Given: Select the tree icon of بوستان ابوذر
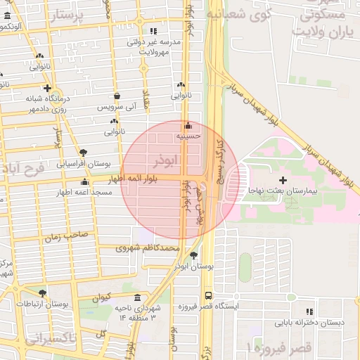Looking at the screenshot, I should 193,256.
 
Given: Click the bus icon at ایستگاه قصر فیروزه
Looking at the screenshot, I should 207,296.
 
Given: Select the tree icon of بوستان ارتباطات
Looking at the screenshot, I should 43,293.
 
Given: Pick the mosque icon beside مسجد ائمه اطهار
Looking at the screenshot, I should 84,181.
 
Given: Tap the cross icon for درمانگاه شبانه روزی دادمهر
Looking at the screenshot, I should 46,89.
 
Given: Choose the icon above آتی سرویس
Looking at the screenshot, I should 117,96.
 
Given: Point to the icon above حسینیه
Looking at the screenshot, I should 188,126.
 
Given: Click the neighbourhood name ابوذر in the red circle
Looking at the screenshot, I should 159,161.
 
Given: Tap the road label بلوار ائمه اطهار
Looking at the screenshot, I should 149,179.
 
